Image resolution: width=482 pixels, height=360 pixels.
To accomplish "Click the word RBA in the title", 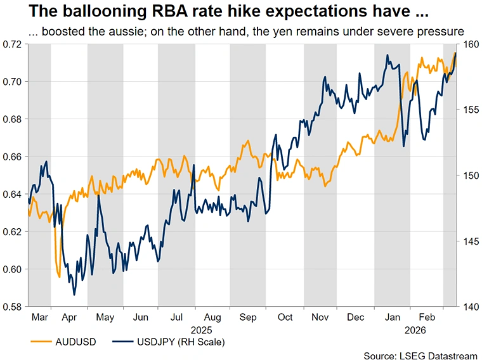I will [151, 12].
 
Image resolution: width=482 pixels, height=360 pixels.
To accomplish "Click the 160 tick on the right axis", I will [470, 44].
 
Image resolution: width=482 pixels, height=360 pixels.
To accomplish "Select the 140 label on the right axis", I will [470, 307].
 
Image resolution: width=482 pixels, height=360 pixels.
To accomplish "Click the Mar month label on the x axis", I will [39, 316].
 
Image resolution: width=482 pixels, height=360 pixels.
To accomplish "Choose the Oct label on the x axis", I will [285, 316].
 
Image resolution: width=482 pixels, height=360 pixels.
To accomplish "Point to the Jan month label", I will [393, 316].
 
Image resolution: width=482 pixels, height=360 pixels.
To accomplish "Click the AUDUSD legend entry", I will [74, 342].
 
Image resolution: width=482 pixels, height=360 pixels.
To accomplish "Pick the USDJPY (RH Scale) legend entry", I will [180, 342].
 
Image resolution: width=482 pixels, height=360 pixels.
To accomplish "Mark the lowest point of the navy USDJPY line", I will [74, 295].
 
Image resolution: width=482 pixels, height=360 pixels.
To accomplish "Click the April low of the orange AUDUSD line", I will [59, 277].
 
